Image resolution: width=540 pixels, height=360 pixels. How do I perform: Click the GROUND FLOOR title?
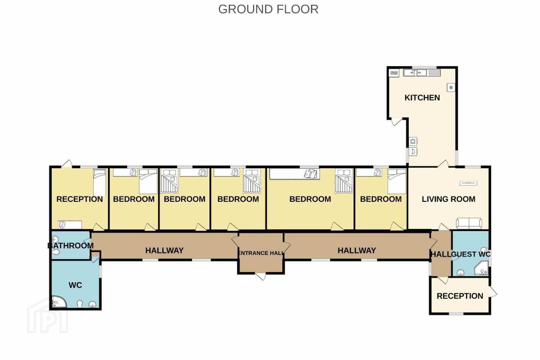pos(268,9)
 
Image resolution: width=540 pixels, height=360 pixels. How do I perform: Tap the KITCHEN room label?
pos(422,97)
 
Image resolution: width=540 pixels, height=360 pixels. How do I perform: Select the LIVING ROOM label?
pos(448,199)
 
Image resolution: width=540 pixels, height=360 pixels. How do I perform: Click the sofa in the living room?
pos(469,223)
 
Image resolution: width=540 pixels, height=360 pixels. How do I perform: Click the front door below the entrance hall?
pos(261,276)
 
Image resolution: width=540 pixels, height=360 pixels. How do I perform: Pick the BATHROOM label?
pos(70,246)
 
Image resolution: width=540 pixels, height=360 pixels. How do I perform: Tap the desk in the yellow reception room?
pos(70,225)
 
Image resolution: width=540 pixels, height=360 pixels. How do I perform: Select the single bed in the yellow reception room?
pos(100,182)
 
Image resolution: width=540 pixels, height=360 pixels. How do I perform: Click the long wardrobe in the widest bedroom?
pos(295,174)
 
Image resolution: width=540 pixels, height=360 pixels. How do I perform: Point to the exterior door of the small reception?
pos(492,292)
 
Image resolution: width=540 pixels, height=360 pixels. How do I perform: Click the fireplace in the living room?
pos(468,183)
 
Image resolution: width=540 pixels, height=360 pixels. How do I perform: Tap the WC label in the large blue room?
pos(75,285)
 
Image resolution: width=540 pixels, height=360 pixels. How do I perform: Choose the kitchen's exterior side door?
pos(395,122)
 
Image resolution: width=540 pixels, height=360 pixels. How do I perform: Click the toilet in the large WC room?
pos(80,304)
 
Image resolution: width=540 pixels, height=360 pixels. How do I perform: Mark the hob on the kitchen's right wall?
pos(451,87)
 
